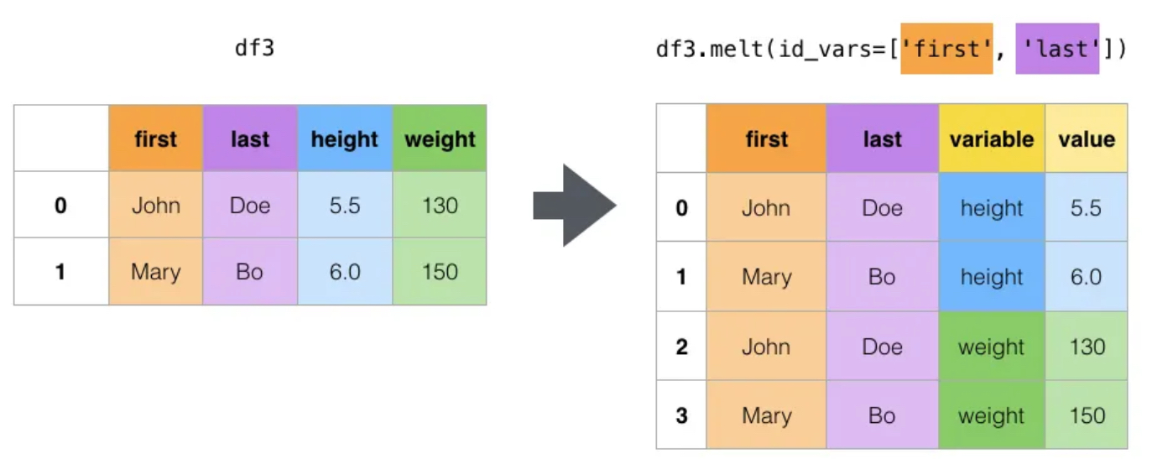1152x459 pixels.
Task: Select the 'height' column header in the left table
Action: coord(345,138)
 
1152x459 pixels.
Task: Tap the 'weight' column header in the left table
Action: coord(440,138)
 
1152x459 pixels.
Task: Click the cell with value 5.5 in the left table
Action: coord(345,205)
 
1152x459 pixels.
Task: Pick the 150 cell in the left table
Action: coord(440,271)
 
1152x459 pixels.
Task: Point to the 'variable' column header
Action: coord(992,138)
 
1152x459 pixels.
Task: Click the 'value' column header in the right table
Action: coord(1086,138)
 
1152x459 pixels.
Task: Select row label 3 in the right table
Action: coord(681,415)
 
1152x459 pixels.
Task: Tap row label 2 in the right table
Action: coord(681,347)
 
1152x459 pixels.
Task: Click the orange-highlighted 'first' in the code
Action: coord(946,49)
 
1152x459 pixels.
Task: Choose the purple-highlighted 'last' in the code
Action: coord(1057,49)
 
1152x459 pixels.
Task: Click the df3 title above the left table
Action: coord(254,48)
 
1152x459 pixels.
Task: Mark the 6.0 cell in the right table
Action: coord(1086,277)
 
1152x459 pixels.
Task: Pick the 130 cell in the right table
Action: coord(1086,347)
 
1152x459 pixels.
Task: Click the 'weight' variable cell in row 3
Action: coord(992,415)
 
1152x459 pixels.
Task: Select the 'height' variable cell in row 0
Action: coord(992,207)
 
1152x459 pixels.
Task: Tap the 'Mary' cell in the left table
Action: coord(155,271)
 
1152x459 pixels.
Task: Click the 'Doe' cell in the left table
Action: coord(249,205)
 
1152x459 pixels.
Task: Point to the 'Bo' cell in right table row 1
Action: coord(882,277)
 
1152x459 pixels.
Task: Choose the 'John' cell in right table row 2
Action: coord(766,347)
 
